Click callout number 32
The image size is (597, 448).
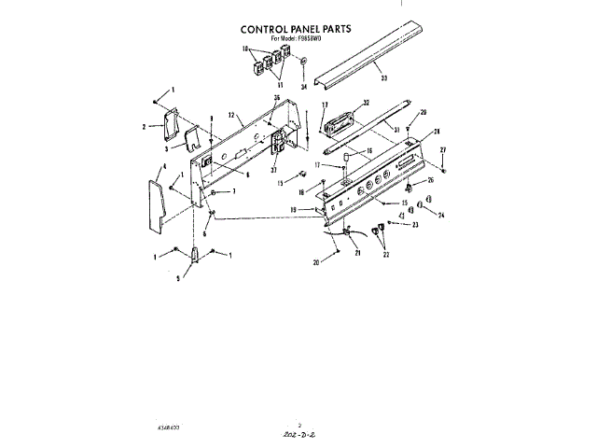coord(367,103)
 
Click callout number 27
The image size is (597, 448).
coord(443,149)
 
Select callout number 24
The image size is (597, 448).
coord(441,214)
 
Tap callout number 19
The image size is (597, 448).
coord(292,210)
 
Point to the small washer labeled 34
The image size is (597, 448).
coord(304,63)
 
